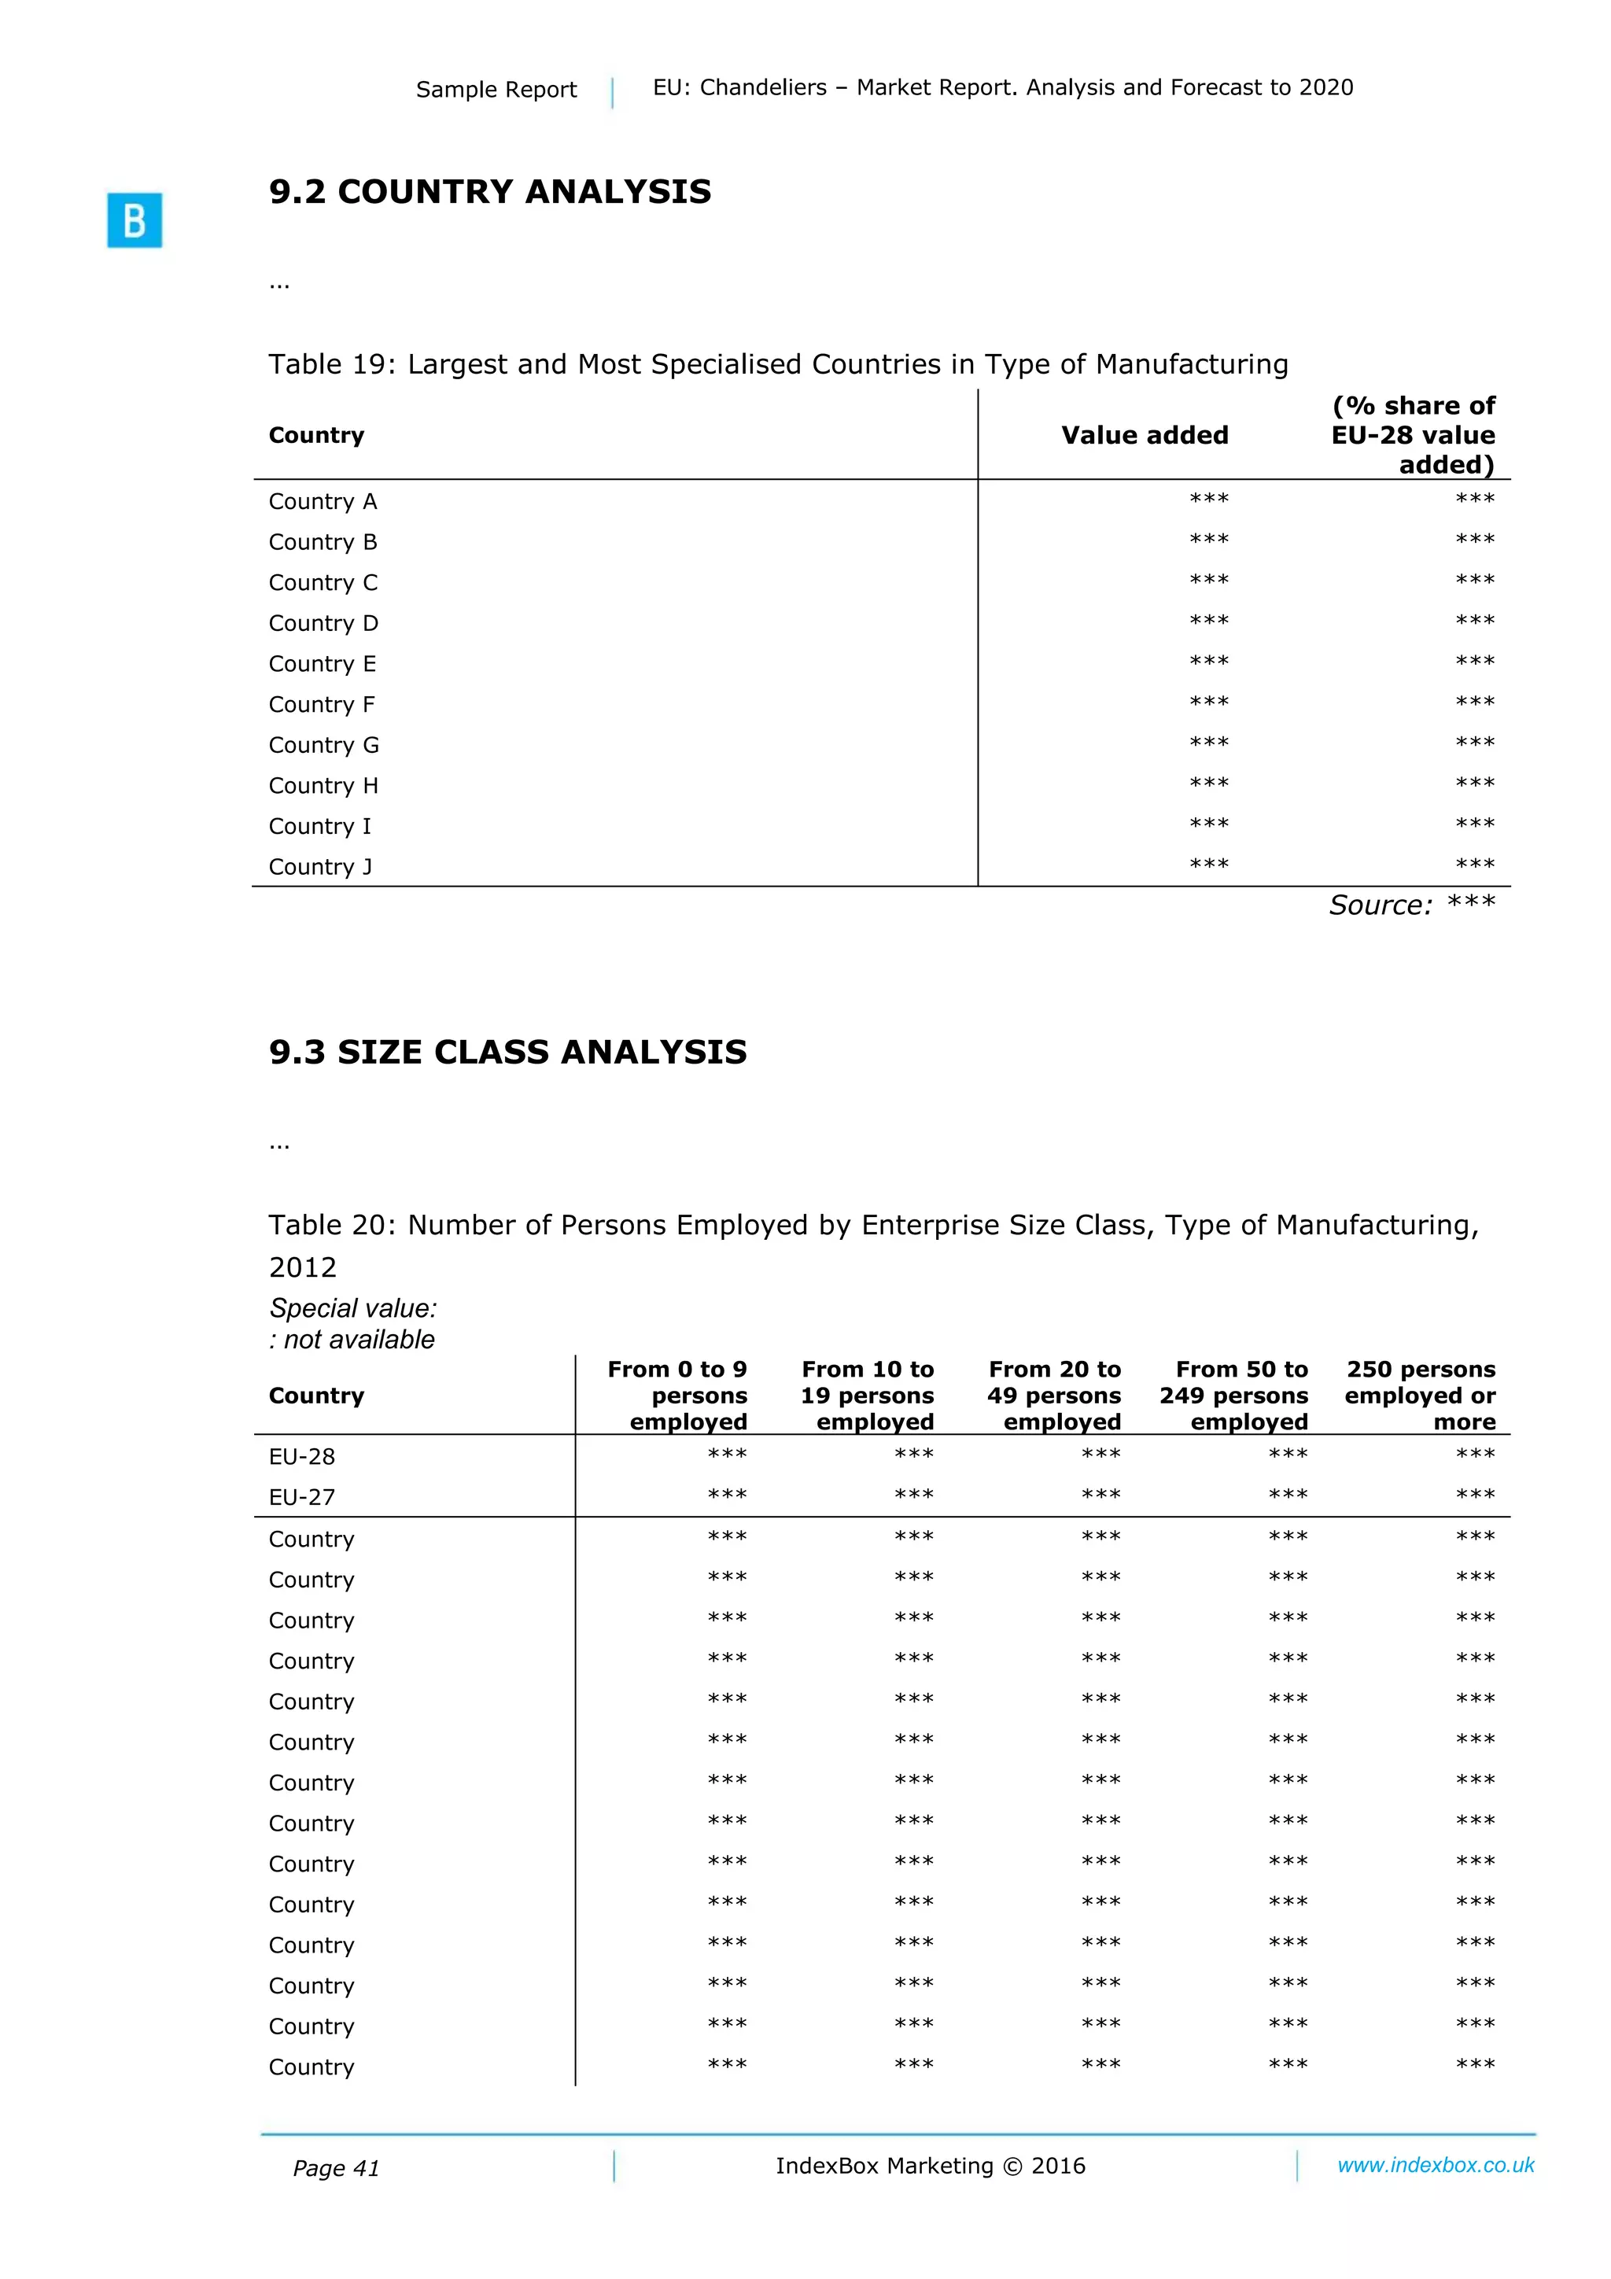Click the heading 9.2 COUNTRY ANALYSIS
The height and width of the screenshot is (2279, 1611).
(489, 192)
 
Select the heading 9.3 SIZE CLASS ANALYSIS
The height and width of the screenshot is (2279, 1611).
(507, 1052)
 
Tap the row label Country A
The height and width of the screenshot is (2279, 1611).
(323, 501)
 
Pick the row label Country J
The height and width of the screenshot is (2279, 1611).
(319, 867)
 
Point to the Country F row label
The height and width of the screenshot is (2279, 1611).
(322, 705)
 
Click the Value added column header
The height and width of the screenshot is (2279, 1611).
(1144, 435)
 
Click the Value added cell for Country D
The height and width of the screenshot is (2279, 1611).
(1208, 621)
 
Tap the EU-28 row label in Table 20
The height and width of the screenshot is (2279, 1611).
(302, 1456)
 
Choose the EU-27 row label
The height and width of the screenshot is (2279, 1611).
(302, 1497)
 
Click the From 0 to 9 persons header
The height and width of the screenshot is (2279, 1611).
(678, 1395)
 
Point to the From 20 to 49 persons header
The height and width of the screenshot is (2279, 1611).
(1054, 1395)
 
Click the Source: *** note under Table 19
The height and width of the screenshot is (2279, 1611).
(1410, 905)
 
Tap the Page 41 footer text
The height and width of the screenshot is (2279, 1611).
(336, 2168)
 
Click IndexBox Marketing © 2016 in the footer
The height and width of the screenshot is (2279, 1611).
(930, 2166)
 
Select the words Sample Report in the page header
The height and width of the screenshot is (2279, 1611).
(496, 90)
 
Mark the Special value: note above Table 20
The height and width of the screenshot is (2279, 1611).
(352, 1308)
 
